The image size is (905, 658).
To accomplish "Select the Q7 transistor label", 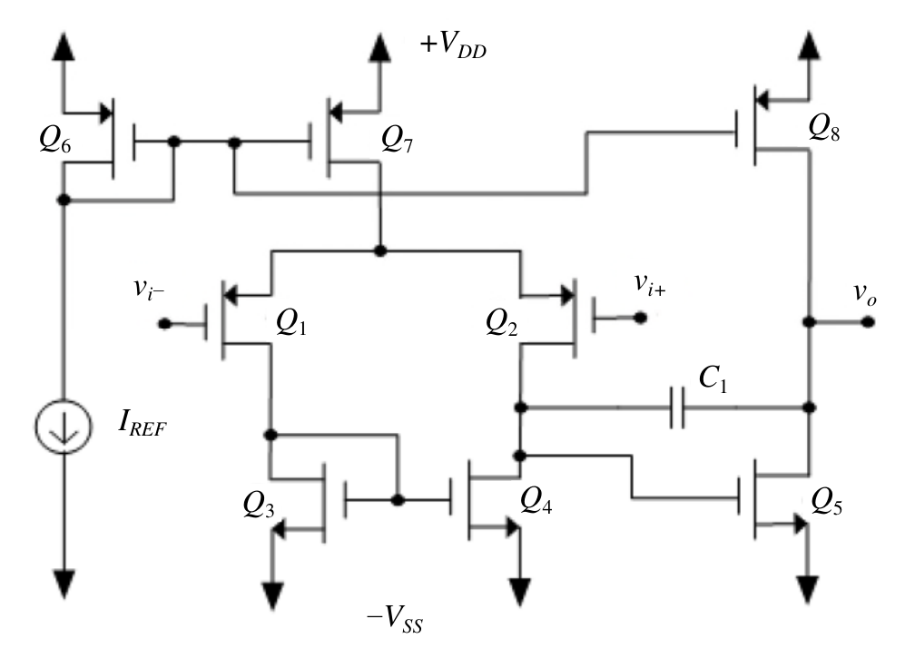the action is [397, 140].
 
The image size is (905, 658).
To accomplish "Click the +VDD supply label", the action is [454, 45].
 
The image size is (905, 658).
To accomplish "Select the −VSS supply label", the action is [395, 621].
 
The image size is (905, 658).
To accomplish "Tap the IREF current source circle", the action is [64, 427].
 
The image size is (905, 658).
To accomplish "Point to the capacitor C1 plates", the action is [677, 408].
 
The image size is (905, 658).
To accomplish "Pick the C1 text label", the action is [713, 379].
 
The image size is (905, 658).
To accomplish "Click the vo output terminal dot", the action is [868, 321].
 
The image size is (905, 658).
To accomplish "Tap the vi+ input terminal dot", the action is [640, 317].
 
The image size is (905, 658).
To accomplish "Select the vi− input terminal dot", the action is [164, 324].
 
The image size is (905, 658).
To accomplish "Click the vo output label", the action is [865, 294].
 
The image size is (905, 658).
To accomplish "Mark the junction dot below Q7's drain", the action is [379, 250].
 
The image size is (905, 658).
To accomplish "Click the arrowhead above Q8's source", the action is [810, 45].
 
